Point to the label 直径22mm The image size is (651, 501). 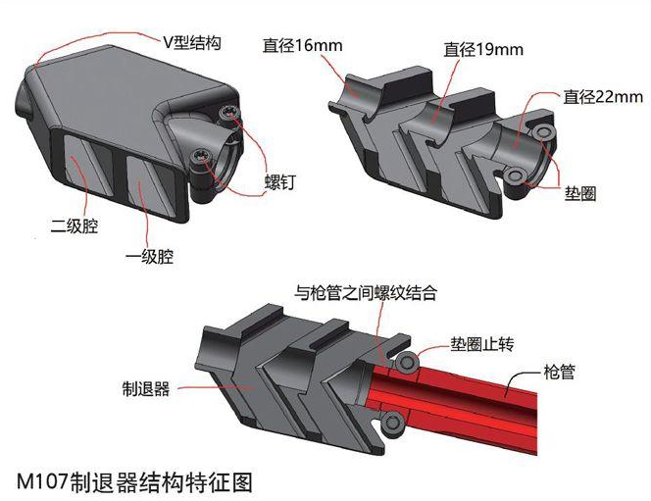[x=603, y=97]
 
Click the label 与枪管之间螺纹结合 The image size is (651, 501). [x=366, y=292]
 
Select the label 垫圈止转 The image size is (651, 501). [x=480, y=344]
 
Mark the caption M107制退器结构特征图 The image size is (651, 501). [x=135, y=481]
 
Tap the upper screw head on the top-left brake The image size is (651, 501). [x=228, y=115]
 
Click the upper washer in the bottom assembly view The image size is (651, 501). [x=403, y=363]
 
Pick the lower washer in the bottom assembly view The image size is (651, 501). [x=394, y=423]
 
